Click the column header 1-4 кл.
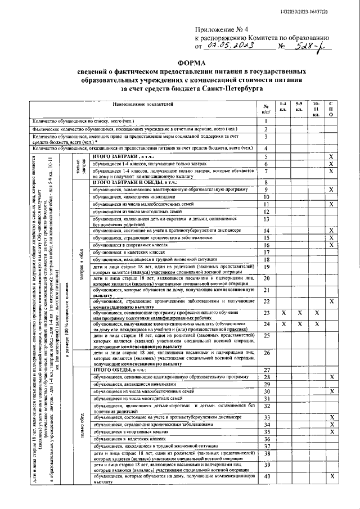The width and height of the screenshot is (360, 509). [x=283, y=107]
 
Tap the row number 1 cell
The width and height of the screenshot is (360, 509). [x=264, y=121]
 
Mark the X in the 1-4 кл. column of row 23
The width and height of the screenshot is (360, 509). [x=283, y=313]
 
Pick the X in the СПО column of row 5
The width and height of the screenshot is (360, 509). [x=332, y=156]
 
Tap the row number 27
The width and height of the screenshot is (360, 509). [x=267, y=370]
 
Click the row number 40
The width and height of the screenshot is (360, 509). [x=267, y=477]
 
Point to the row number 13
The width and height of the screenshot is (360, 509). [x=267, y=219]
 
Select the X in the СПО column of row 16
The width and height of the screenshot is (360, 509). [x=332, y=245]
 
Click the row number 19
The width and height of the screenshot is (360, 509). [x=267, y=267]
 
